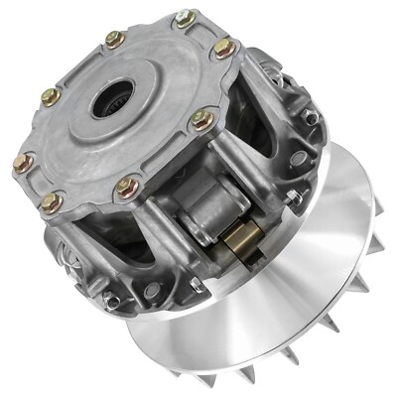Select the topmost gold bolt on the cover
(x=184, y=18)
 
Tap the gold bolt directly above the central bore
(x=113, y=40)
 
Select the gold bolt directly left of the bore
(x=51, y=97)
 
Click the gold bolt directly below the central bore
(x=126, y=186)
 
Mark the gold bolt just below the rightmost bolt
(x=201, y=119)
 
